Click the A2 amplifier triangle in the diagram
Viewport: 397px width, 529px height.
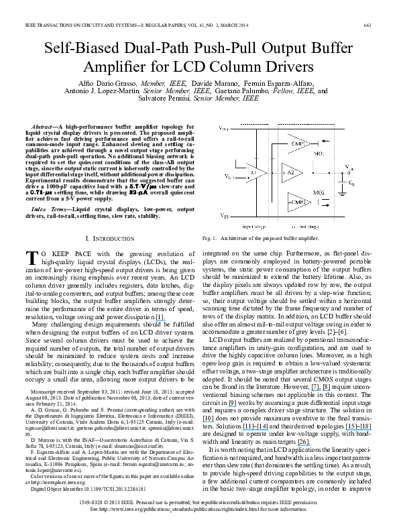click(x=291, y=172)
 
